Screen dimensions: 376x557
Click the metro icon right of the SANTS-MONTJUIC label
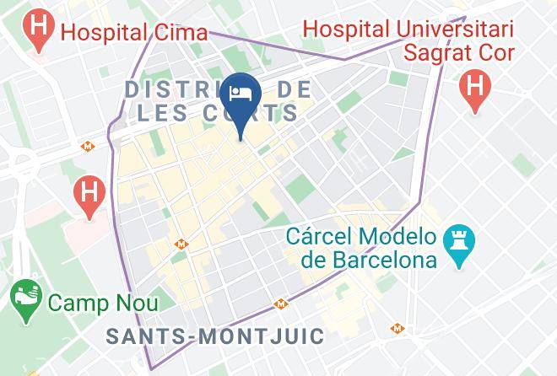tap(397, 329)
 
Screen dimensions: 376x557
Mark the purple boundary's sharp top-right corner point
tap(464, 15)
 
